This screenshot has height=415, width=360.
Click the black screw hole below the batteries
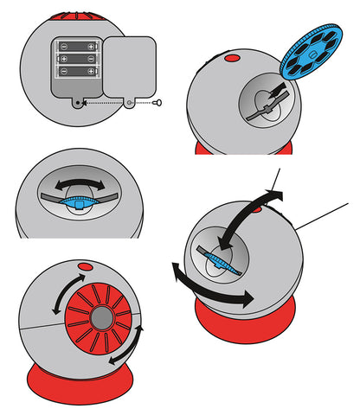tap(80, 101)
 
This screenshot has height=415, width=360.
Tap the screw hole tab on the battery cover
tap(129, 102)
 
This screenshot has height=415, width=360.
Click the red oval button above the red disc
tap(85, 265)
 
